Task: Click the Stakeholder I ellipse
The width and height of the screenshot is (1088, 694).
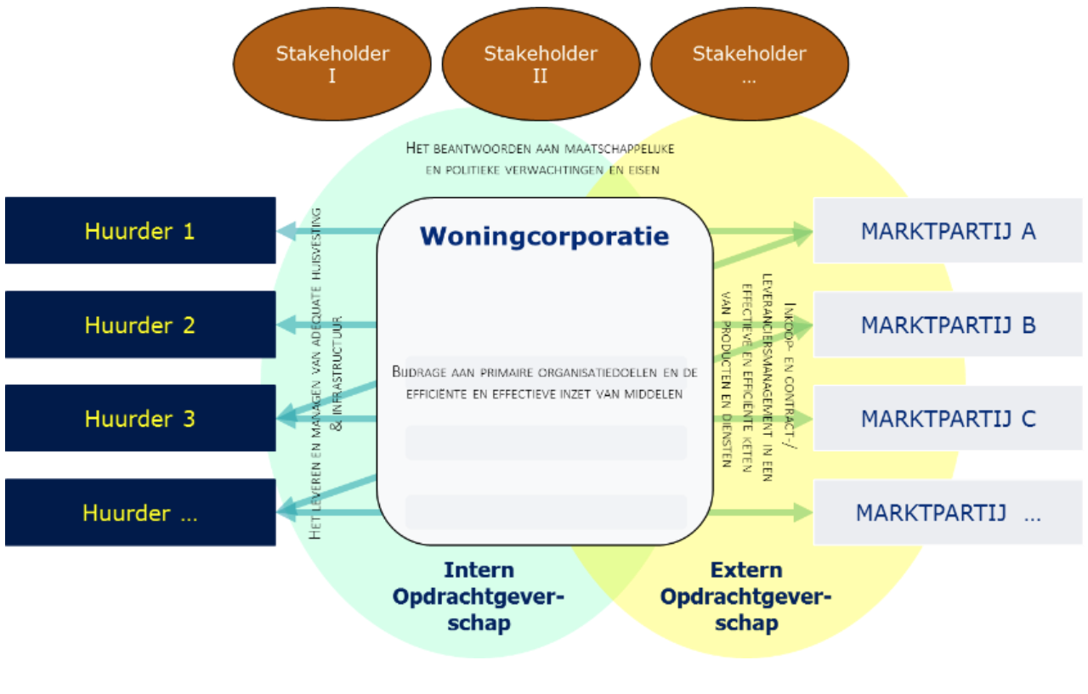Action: [x=332, y=65]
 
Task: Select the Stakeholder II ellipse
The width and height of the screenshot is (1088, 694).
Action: [x=541, y=65]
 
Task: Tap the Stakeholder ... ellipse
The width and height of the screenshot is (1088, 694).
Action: [x=749, y=65]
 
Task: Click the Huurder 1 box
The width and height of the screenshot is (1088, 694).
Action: [x=140, y=230]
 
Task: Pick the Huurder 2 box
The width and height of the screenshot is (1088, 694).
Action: [x=140, y=324]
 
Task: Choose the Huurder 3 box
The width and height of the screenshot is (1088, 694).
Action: [x=140, y=418]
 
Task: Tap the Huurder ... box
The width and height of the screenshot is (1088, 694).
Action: [x=140, y=512]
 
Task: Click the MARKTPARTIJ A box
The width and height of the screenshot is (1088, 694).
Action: [x=948, y=230]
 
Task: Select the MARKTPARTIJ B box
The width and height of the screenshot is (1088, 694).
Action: [x=948, y=324]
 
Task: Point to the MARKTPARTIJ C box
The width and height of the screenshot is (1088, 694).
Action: [x=948, y=418]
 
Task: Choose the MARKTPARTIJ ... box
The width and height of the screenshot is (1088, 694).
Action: [x=948, y=512]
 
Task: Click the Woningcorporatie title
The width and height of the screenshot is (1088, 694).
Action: [x=544, y=236]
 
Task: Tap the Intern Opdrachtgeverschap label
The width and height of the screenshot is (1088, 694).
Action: [x=479, y=596]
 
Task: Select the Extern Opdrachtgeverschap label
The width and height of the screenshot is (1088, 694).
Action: [x=745, y=596]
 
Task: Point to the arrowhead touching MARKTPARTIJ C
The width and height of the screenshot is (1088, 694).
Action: [x=803, y=419]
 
